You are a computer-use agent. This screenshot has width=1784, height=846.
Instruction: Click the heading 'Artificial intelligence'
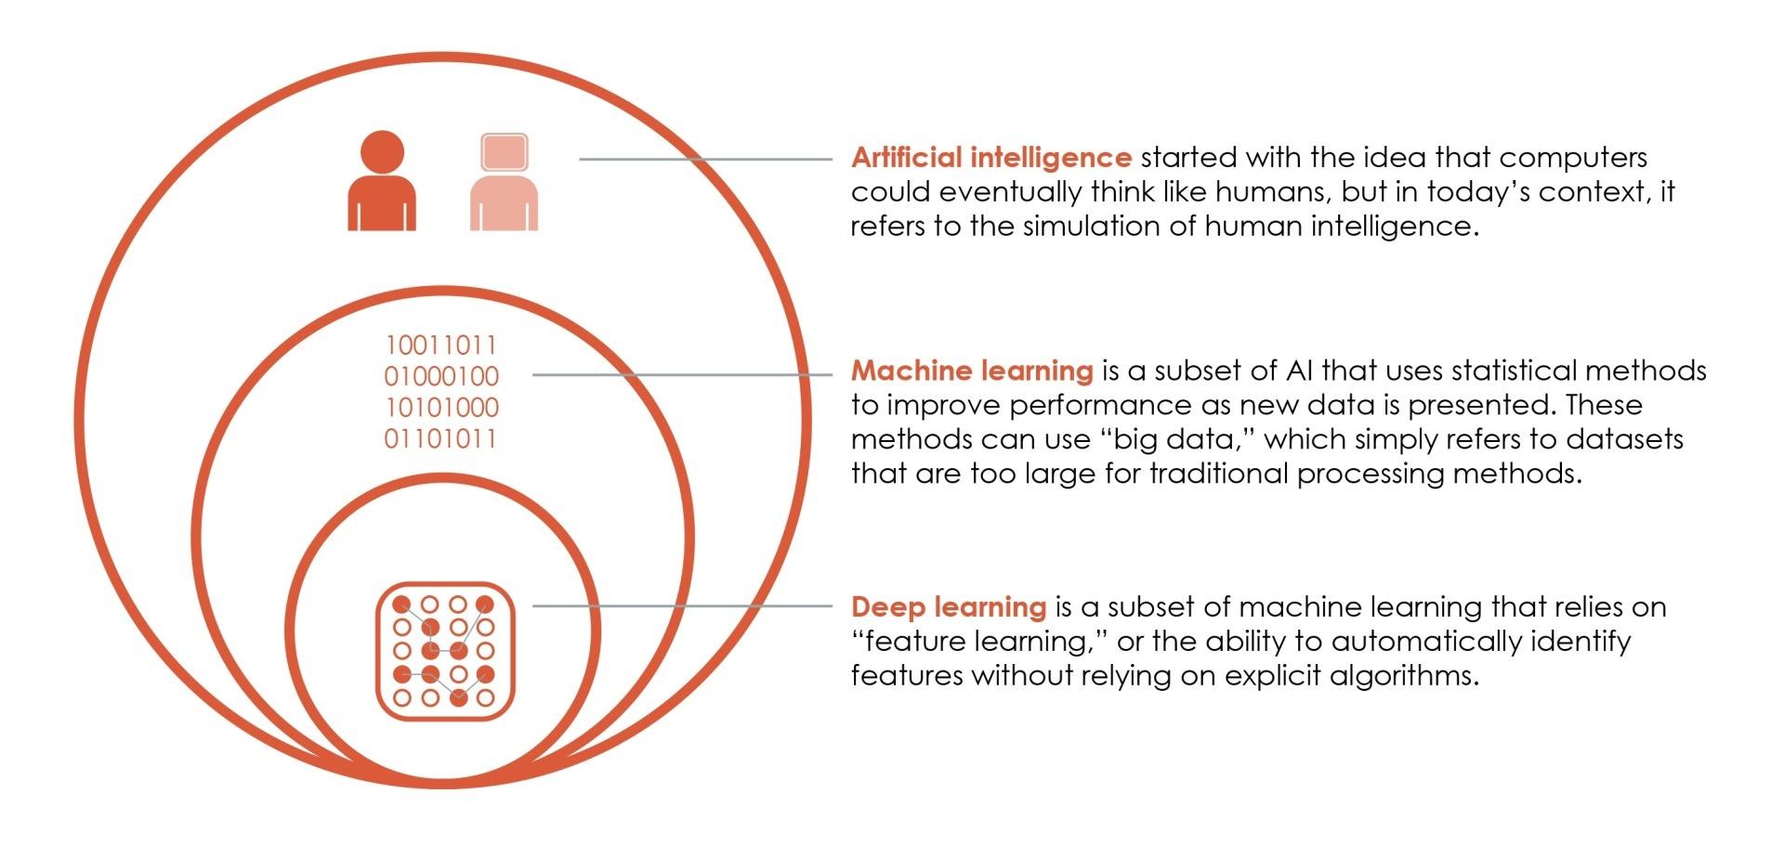coord(990,158)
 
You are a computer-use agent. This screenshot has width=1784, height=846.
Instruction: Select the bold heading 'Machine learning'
coord(972,371)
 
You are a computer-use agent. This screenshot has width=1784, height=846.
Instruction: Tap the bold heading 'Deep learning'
coord(949,607)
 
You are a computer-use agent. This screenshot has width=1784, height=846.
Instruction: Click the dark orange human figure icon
coord(382,180)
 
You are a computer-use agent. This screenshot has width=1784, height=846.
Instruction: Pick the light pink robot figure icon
coord(505,181)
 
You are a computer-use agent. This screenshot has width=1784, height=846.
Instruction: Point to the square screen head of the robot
coord(505,153)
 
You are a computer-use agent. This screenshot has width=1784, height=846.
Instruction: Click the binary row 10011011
coord(441,345)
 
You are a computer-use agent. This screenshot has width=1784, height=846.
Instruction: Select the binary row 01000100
coord(441,376)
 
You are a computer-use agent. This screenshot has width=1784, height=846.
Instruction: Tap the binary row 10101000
coord(441,408)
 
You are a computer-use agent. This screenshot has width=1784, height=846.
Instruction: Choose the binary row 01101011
coord(441,438)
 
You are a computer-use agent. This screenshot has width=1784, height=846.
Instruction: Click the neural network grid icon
coord(445,651)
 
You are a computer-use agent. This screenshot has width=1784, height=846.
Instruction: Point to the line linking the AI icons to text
coord(706,159)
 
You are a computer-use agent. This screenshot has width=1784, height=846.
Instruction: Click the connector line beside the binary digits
coord(683,374)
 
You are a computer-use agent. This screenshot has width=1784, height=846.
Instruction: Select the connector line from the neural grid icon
coord(683,605)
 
